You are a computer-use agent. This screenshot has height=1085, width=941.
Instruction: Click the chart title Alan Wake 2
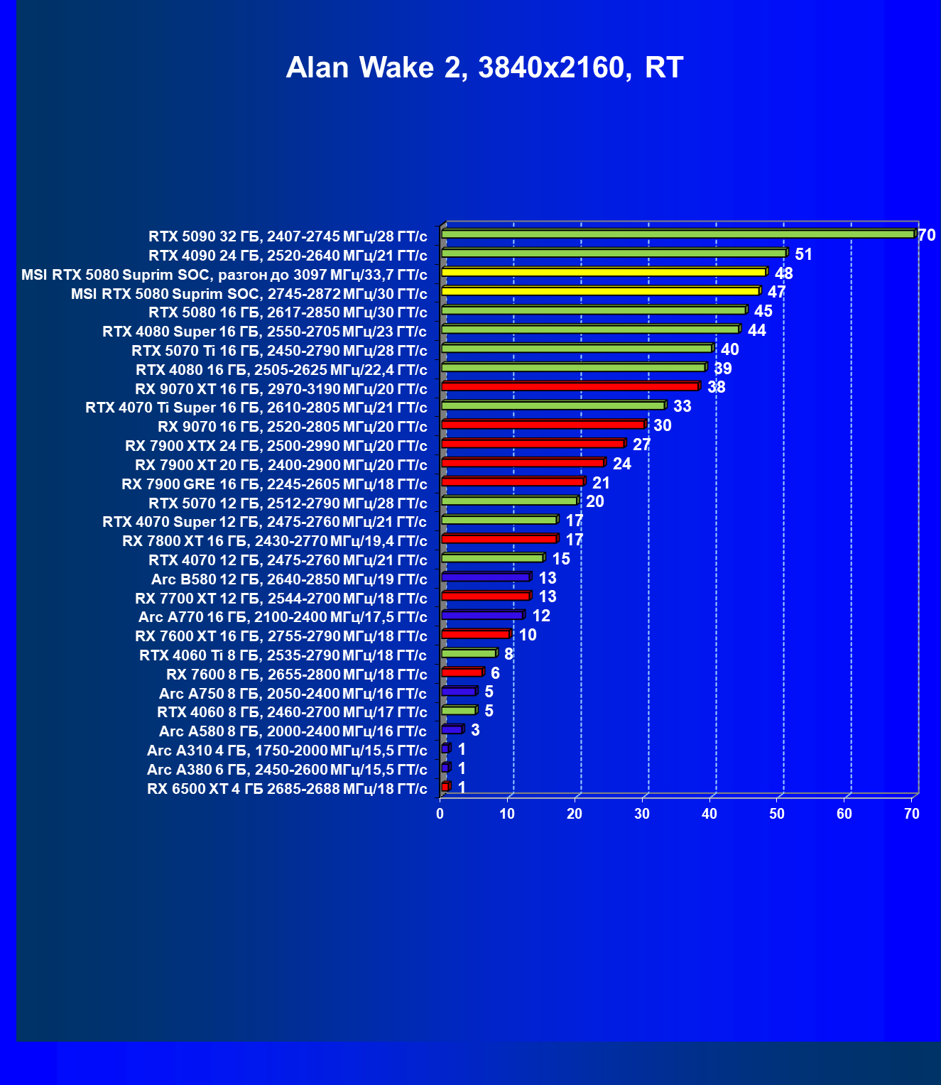(x=484, y=67)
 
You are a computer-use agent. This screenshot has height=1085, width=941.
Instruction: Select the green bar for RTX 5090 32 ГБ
(x=678, y=234)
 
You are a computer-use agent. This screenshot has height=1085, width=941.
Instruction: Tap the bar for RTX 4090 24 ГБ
(x=614, y=253)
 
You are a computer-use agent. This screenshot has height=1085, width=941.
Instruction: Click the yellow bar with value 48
(x=604, y=272)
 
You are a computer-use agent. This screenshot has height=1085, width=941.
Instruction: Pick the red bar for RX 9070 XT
(x=570, y=386)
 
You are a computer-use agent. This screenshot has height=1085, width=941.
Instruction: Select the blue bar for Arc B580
(x=486, y=577)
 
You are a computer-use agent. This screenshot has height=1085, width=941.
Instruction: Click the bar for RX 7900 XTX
(x=533, y=444)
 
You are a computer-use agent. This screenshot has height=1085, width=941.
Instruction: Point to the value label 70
(x=927, y=235)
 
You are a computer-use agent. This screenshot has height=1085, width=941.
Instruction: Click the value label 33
(x=682, y=406)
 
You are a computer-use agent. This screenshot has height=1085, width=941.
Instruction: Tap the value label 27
(x=641, y=445)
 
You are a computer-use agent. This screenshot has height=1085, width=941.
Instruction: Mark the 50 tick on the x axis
(x=777, y=814)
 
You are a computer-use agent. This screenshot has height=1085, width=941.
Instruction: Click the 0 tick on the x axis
(x=440, y=814)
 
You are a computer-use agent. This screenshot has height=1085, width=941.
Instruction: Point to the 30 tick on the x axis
(x=642, y=814)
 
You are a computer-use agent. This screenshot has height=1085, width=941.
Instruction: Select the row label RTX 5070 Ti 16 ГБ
(x=279, y=351)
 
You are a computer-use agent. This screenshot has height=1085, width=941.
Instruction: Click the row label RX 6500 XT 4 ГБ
(x=287, y=789)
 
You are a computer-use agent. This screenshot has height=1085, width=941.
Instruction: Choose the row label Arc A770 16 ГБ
(x=283, y=617)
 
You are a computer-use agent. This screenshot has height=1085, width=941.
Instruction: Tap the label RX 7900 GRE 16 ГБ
(x=274, y=484)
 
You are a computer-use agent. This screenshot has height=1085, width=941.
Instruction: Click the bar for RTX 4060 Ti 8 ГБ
(x=469, y=653)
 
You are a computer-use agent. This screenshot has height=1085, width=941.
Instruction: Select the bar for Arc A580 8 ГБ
(x=452, y=729)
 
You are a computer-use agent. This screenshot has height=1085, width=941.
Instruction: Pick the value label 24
(x=621, y=464)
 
